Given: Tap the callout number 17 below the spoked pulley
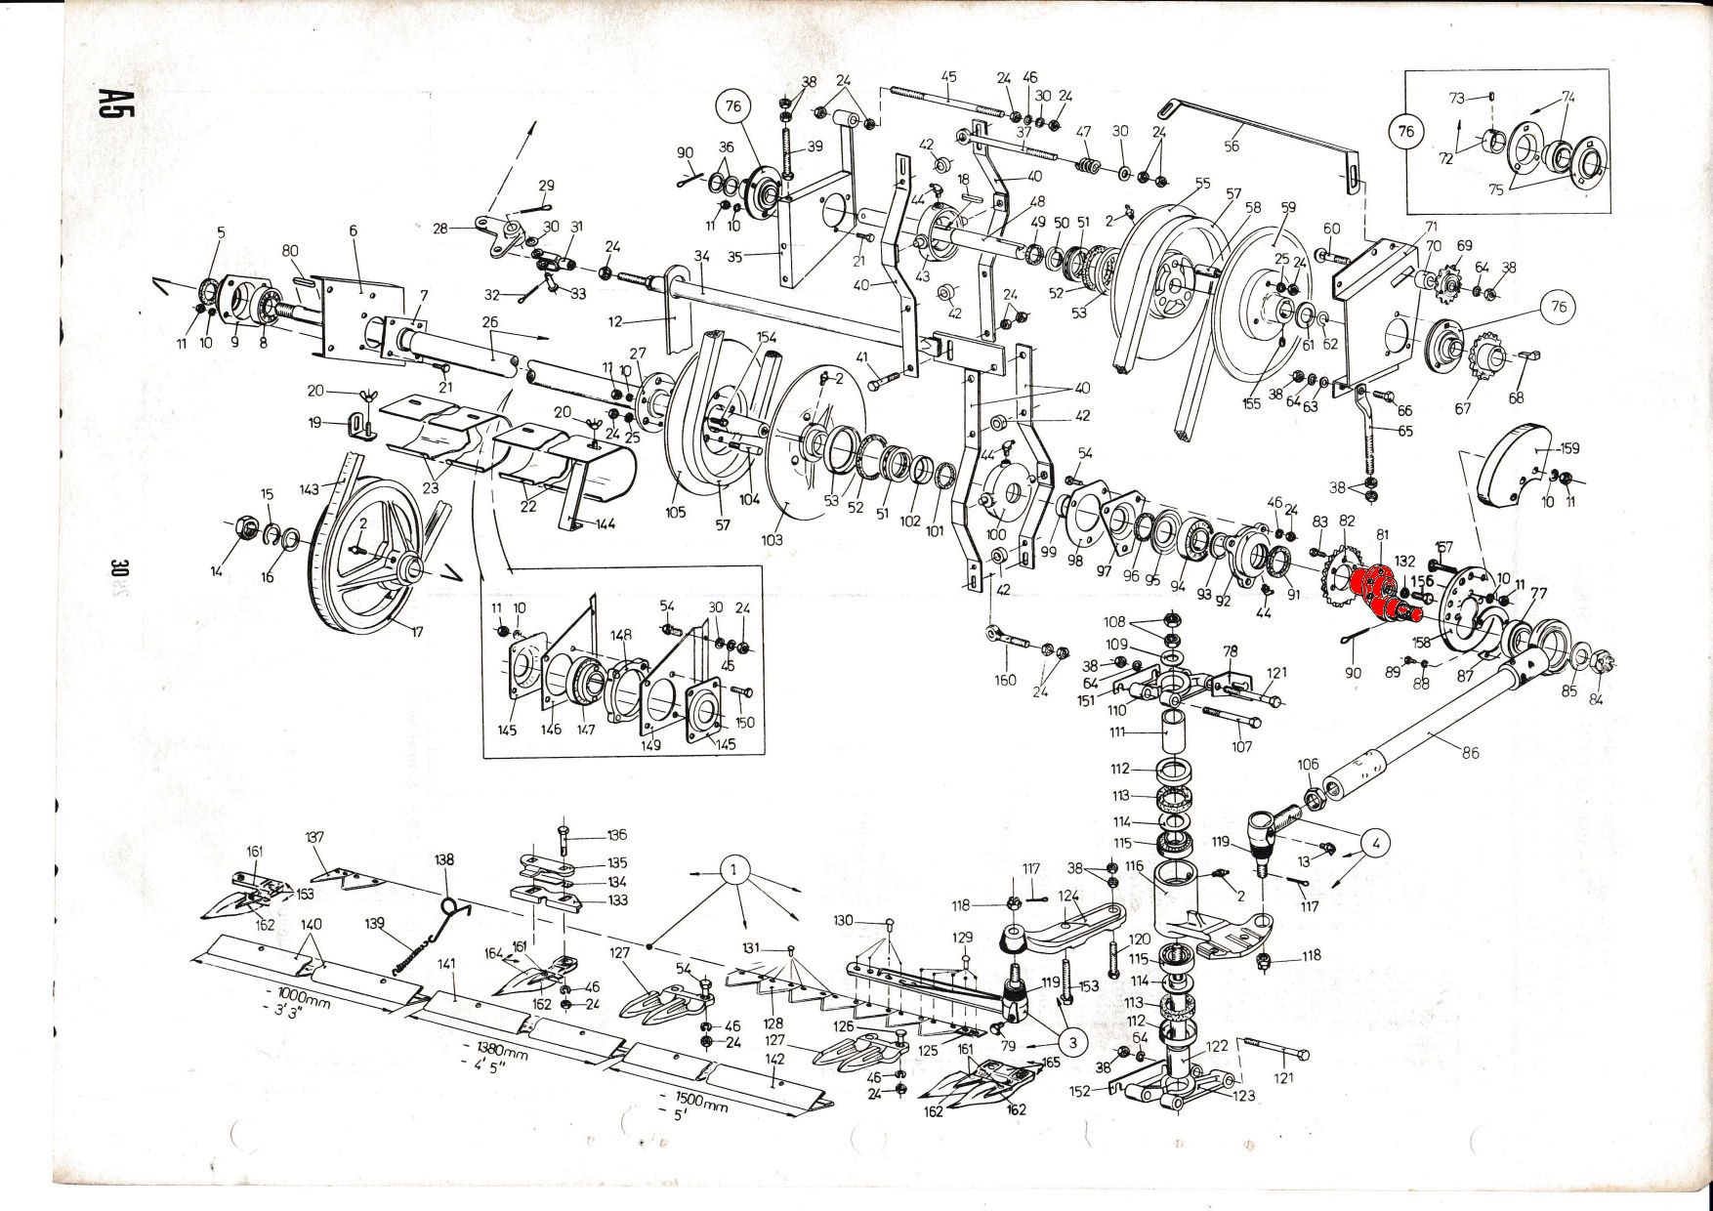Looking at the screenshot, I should coord(417,632).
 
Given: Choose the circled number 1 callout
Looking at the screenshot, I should coord(735,869).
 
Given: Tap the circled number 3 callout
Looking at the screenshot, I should coord(1072,1042).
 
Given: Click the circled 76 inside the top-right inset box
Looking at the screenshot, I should coord(1406,129).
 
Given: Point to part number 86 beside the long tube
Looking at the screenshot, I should coord(1471,752).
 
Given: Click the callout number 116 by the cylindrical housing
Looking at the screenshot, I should coord(1133,866).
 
